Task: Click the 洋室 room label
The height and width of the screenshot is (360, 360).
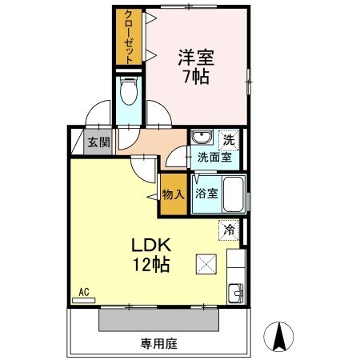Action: point(195,58)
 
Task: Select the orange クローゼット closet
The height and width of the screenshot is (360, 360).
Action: point(128,38)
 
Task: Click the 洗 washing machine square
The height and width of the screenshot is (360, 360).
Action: point(229,138)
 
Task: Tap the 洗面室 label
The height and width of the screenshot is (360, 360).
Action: point(214,158)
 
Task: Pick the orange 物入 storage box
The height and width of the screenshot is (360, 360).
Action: point(173,194)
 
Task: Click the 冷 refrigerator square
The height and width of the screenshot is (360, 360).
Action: point(229,230)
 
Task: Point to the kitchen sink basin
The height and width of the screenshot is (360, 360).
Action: point(234,292)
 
